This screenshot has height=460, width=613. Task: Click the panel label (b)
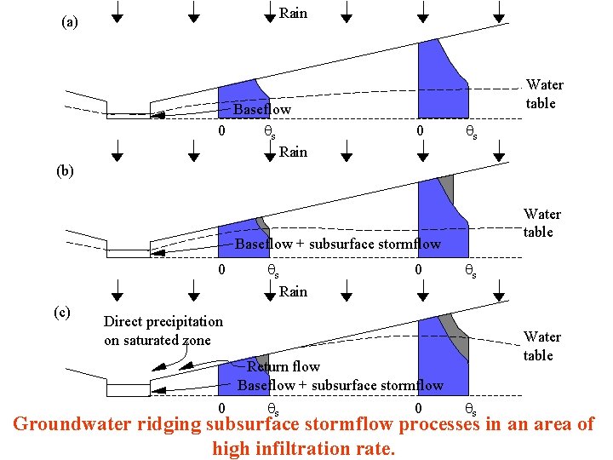(66, 170)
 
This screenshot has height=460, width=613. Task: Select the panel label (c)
(62, 312)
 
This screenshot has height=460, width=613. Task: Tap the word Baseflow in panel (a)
(262, 110)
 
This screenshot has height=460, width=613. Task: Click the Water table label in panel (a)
(544, 94)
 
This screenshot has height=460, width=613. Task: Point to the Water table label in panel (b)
(541, 222)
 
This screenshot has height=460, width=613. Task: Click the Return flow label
(283, 366)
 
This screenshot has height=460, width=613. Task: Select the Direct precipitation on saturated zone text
(163, 331)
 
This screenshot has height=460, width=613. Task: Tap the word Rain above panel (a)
(293, 13)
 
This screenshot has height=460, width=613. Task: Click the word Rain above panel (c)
(293, 291)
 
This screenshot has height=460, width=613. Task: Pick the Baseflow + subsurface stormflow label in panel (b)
(338, 244)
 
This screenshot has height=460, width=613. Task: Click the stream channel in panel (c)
(129, 389)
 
